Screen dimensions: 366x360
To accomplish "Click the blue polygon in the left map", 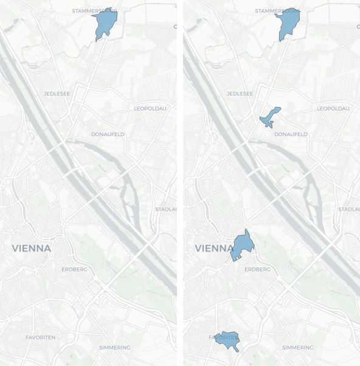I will click(x=106, y=22).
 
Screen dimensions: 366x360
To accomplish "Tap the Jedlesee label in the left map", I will click(x=55, y=94).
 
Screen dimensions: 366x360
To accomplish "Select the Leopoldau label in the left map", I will click(x=150, y=109).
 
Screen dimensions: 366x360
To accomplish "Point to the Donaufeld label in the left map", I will click(x=108, y=134).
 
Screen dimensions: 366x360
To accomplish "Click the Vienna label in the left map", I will click(x=32, y=249).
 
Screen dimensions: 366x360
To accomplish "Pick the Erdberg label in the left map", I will click(x=75, y=269).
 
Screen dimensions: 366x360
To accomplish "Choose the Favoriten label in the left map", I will click(x=41, y=337).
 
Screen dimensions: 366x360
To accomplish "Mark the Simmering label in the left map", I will click(x=115, y=347).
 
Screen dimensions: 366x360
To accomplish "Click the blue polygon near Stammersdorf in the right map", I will click(x=288, y=22).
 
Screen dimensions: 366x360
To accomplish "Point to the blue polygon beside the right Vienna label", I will click(x=243, y=246).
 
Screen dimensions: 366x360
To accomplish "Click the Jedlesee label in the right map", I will click(x=239, y=94).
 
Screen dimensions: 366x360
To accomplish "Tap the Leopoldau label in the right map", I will click(x=333, y=109).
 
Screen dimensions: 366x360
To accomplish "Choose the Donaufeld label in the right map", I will click(x=291, y=134).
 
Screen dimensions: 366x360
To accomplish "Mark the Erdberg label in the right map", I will click(x=258, y=269).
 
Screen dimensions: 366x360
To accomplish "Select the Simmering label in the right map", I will click(x=299, y=347).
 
